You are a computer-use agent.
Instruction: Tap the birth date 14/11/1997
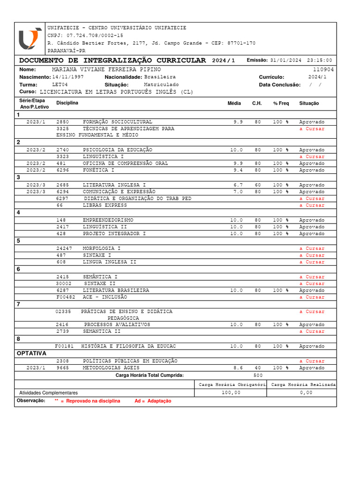coord(68,77)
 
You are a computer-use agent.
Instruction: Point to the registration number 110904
coord(323,69)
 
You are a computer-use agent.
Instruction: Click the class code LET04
coord(60,84)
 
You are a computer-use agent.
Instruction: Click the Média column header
coord(234,103)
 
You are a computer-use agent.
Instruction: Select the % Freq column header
coord(281,103)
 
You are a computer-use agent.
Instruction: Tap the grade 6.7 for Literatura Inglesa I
coord(238,185)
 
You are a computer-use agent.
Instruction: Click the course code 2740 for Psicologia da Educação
coord(62,150)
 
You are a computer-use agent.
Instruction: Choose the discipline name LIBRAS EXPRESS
coord(105,205)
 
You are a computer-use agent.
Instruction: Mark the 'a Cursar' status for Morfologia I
coord(312,248)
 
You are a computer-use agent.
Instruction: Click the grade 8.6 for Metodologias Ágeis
coord(238,368)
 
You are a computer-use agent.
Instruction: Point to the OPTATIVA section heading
coord(31,353)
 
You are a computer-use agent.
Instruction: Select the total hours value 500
coord(258,375)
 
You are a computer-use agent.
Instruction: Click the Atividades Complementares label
coord(48,393)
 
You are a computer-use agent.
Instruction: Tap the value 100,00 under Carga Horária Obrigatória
coord(231,393)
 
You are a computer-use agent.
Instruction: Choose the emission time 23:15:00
coord(319,60)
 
